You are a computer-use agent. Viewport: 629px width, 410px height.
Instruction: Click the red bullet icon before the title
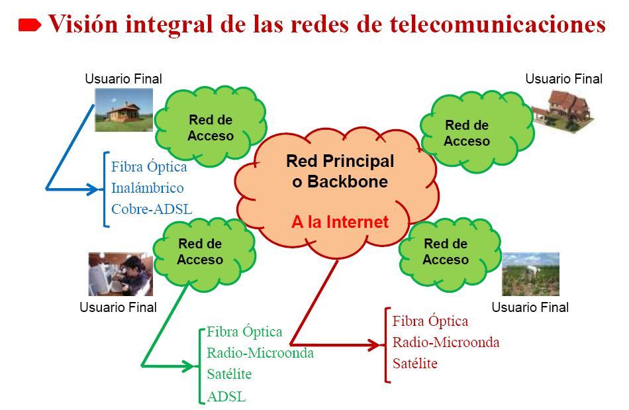30,26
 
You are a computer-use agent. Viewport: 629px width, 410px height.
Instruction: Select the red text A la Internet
340,222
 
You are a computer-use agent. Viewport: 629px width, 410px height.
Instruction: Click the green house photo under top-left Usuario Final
124,110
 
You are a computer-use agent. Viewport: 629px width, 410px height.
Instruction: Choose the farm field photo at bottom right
530,274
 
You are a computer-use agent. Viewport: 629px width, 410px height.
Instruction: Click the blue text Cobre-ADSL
152,209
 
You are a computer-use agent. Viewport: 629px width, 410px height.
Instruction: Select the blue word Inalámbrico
148,188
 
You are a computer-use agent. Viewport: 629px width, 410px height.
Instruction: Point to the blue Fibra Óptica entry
149,166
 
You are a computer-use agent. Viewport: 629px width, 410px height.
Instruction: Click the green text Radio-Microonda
260,352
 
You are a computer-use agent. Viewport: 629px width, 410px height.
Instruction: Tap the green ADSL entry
226,397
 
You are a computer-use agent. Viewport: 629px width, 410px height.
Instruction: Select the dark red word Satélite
415,364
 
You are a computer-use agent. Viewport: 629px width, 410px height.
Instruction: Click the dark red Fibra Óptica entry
430,321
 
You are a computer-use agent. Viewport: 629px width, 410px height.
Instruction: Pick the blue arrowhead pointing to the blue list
93,189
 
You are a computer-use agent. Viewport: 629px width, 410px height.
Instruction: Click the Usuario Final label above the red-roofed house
563,79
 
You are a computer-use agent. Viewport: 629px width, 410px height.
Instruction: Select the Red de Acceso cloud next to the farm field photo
446,251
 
